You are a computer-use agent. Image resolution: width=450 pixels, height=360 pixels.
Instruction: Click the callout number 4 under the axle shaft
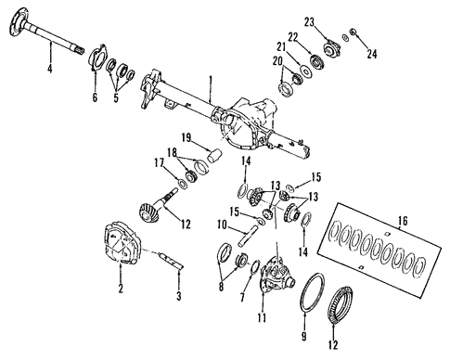49,69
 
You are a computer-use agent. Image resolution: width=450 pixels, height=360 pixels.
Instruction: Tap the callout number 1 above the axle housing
212,82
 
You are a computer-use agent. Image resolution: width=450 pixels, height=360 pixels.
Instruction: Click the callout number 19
186,137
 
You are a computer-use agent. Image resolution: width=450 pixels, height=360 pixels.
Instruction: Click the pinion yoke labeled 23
328,43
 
